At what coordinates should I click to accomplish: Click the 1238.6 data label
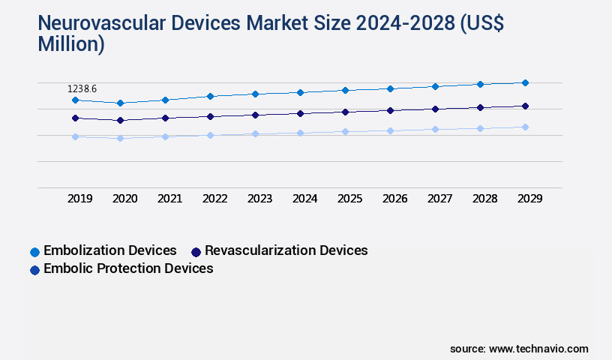pyautogui.click(x=82, y=88)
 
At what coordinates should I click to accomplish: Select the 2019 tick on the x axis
pyautogui.click(x=80, y=199)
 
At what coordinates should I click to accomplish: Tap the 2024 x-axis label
pyautogui.click(x=304, y=199)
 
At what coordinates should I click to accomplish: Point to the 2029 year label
pyautogui.click(x=529, y=199)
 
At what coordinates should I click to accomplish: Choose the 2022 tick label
pyautogui.click(x=214, y=199)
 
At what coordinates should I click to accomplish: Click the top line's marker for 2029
pyautogui.click(x=525, y=82)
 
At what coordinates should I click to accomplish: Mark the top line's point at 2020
pyautogui.click(x=120, y=103)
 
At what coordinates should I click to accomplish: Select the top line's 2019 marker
pyautogui.click(x=75, y=100)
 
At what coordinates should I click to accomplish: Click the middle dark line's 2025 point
pyautogui.click(x=345, y=112)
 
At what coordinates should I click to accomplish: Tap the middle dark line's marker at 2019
pyautogui.click(x=75, y=118)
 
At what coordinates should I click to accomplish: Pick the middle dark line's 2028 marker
pyautogui.click(x=480, y=107)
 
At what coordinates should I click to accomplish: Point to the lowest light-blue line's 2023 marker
pyautogui.click(x=255, y=133)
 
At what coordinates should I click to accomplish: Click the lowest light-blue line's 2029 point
pyautogui.click(x=525, y=127)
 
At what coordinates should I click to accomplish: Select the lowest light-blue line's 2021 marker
pyautogui.click(x=165, y=136)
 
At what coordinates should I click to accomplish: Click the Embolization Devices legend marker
pyautogui.click(x=34, y=251)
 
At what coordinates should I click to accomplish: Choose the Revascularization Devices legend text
pyautogui.click(x=286, y=250)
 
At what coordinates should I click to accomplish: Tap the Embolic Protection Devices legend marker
pyautogui.click(x=34, y=269)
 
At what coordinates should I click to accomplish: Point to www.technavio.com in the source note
pyautogui.click(x=538, y=349)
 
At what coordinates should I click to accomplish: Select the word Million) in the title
pyautogui.click(x=71, y=44)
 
